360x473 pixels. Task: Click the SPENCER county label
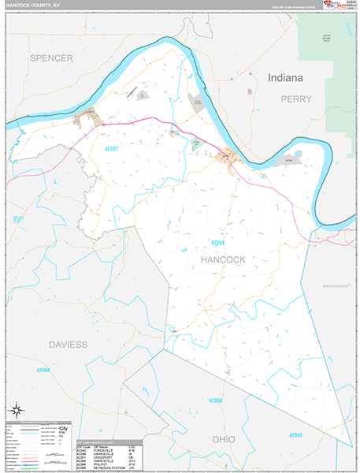pyautogui.click(x=52, y=58)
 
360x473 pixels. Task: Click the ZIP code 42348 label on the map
pyautogui.click(x=218, y=243)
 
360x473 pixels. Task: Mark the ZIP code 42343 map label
pyautogui.click(x=295, y=435)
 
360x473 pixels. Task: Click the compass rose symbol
pyautogui.click(x=17, y=410)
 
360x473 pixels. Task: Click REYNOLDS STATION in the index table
pyautogui.click(x=109, y=467)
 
